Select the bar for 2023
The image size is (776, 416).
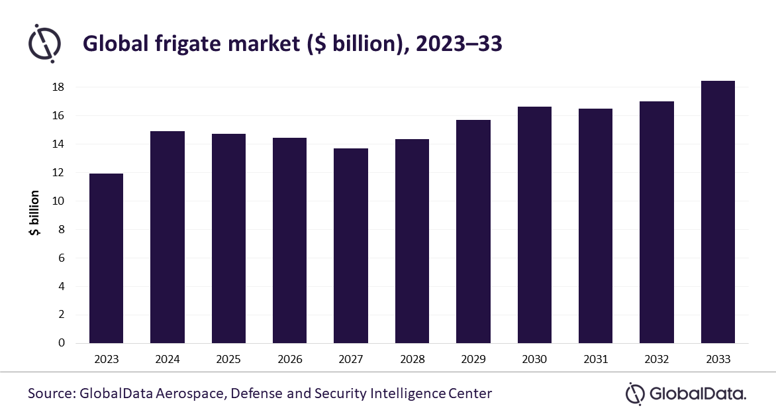coord(106,258)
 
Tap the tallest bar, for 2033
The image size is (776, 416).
coord(718,212)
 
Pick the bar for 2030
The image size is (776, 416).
coord(534,225)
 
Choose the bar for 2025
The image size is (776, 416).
coord(228,238)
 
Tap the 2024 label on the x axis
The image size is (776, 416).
coord(168,360)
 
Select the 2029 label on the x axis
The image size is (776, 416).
coord(473,360)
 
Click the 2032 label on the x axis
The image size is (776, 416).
coord(657,360)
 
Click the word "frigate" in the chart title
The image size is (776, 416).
coord(171,44)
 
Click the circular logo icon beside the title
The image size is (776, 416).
coord(44,43)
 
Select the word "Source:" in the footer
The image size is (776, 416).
coord(52,393)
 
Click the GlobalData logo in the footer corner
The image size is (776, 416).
coord(685,394)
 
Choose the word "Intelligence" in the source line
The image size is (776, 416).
coord(405,393)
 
